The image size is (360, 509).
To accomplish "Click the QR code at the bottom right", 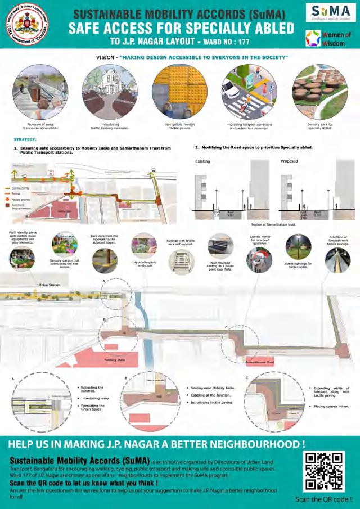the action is pos(321,469).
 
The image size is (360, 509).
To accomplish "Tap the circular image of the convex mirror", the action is pos(259,260).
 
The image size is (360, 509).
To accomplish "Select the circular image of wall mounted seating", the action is pos(220,245).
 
